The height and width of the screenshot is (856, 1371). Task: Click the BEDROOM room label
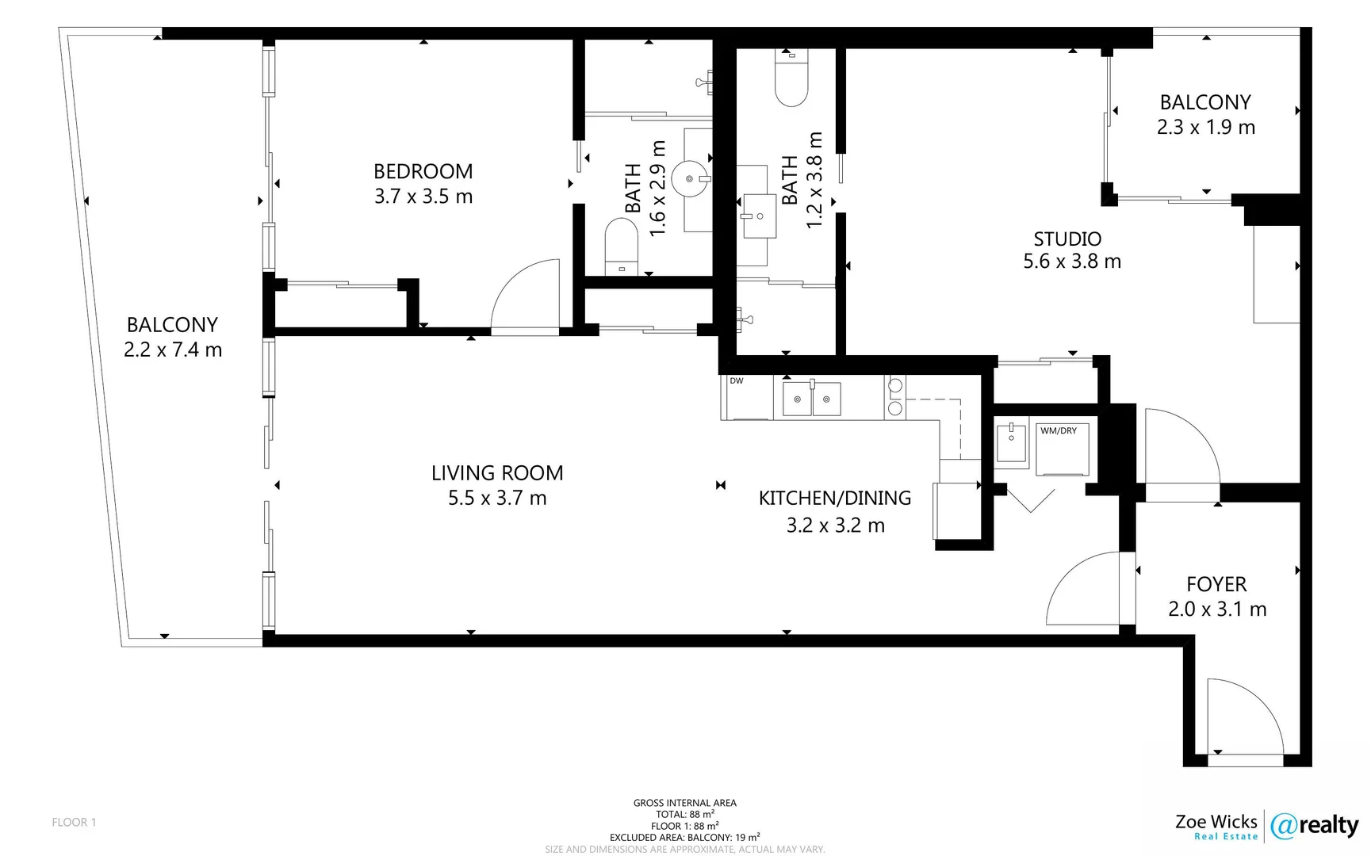point(423,171)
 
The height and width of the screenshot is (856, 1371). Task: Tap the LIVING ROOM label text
point(497,473)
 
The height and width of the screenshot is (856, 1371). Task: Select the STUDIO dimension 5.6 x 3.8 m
point(1072,262)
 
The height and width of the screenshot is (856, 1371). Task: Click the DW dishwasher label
point(737,381)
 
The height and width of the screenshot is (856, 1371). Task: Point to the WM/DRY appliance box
point(1063,450)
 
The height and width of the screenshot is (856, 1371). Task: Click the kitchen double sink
point(811,399)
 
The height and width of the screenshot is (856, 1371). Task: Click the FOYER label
point(1216,584)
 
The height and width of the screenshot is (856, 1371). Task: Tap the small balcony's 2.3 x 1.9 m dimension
point(1205,128)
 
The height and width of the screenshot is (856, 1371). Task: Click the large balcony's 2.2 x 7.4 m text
point(173,350)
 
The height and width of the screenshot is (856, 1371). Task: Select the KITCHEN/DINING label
point(834,498)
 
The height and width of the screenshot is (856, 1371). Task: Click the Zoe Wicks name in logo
point(1216,821)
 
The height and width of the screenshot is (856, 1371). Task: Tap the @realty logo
point(1314,826)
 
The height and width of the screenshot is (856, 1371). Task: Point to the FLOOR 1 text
point(74,822)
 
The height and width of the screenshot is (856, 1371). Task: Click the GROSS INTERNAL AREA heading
point(684,803)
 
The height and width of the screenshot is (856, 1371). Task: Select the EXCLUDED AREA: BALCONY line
point(684,837)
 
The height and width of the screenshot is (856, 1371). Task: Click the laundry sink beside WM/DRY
point(1011,442)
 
